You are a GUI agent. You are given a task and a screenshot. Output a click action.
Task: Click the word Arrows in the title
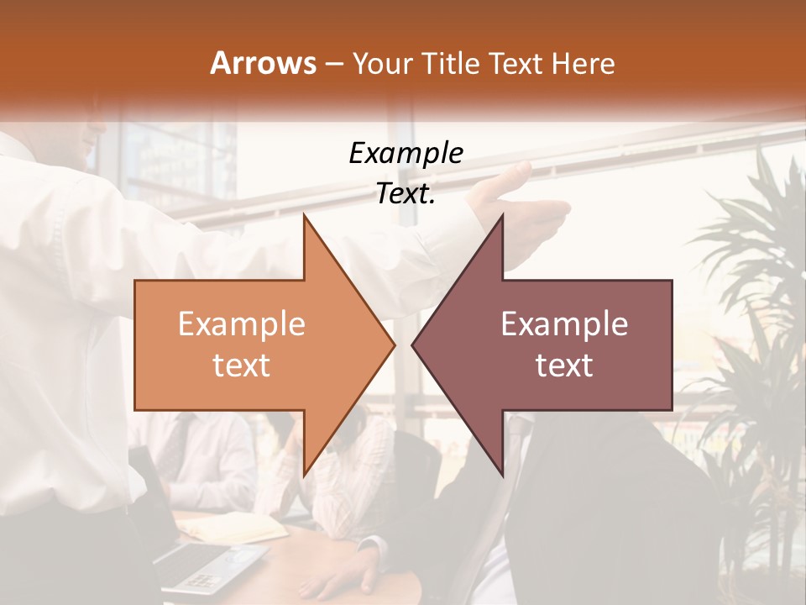263,63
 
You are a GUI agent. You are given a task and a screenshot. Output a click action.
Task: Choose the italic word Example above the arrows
406,153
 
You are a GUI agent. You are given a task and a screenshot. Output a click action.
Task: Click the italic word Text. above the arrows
406,194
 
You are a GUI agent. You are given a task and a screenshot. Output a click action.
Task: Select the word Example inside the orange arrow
241,324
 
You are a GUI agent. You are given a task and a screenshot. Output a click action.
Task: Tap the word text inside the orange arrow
241,366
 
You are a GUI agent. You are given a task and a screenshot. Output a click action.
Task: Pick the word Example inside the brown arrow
564,324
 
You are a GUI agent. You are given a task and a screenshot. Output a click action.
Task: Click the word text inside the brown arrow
564,366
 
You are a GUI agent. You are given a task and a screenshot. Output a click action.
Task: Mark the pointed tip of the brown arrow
413,345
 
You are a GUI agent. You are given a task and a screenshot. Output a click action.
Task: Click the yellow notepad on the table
235,528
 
